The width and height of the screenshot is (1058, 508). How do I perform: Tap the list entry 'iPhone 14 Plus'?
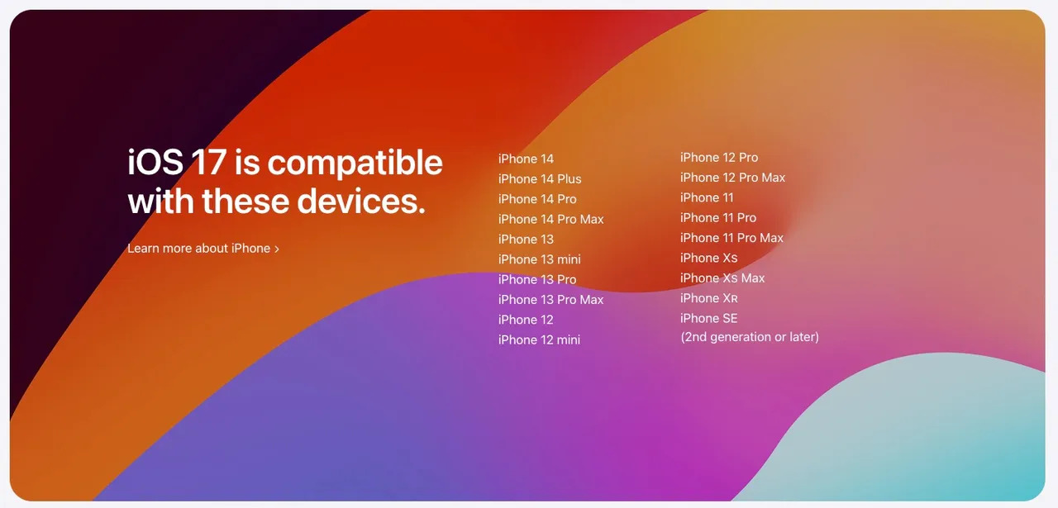tap(540, 179)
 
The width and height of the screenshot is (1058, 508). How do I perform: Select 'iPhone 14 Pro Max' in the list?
tap(551, 219)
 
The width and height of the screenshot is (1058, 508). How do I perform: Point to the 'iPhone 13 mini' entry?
tap(540, 259)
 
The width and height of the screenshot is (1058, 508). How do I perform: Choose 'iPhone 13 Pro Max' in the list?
tap(550, 299)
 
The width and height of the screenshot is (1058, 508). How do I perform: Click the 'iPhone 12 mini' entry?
tap(540, 339)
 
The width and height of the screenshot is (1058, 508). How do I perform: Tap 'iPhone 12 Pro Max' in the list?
tap(732, 178)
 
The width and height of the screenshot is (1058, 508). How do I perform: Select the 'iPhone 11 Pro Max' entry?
tap(732, 238)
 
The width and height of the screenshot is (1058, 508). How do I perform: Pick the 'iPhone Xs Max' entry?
tap(722, 278)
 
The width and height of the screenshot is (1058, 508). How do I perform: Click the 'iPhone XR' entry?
tap(709, 298)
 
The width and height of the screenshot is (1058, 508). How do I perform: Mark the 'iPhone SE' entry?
tap(709, 318)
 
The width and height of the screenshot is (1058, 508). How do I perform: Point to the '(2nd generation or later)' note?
tap(750, 337)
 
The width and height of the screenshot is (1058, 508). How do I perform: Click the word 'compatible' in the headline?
tap(355, 164)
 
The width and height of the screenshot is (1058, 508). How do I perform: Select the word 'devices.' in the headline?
tap(361, 201)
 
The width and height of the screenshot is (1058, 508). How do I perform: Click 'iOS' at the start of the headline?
tap(155, 162)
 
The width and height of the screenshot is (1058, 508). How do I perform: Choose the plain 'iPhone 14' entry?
tap(526, 159)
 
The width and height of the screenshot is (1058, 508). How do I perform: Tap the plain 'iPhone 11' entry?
tap(707, 197)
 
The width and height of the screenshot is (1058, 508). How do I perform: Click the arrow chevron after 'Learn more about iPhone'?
tap(277, 249)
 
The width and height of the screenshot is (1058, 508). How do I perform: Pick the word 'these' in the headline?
tap(245, 201)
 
